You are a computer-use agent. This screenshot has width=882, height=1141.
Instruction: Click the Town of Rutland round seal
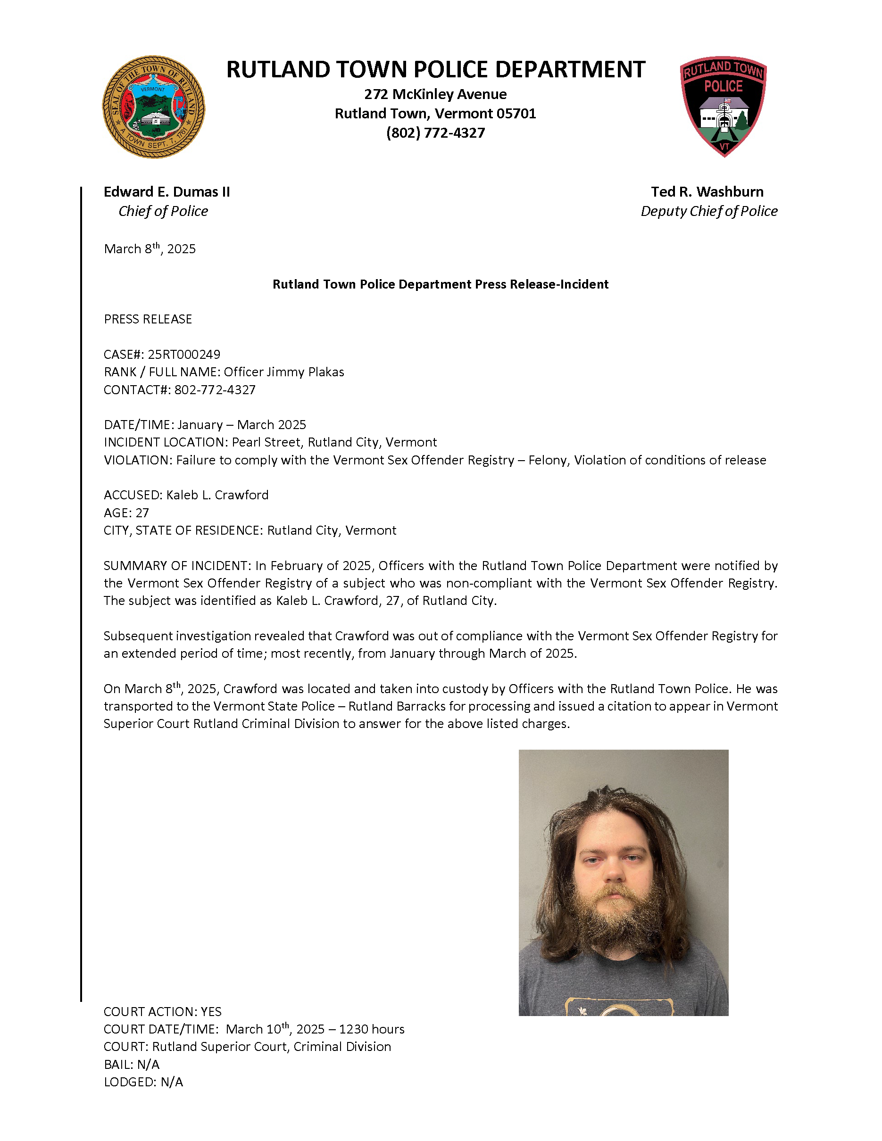click(153, 107)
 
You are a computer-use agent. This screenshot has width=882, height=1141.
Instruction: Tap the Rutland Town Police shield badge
click(723, 106)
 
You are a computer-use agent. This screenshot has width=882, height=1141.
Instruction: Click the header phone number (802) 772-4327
click(435, 132)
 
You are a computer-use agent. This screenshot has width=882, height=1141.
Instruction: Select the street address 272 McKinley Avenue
click(435, 94)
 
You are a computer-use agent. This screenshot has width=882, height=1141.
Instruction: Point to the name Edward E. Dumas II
click(166, 192)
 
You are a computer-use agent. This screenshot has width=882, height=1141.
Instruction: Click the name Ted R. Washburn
click(707, 192)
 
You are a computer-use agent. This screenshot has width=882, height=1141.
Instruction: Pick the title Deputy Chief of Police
click(708, 211)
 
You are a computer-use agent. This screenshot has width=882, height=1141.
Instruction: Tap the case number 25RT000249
click(184, 354)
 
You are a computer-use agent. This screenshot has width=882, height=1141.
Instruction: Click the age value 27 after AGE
click(142, 513)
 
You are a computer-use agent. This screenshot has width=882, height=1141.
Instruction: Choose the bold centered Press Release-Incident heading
click(440, 284)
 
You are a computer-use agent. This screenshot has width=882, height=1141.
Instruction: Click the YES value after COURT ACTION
click(211, 1011)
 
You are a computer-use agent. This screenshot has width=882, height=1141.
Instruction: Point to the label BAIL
click(117, 1064)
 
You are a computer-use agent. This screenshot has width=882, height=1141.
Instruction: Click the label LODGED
click(129, 1082)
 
